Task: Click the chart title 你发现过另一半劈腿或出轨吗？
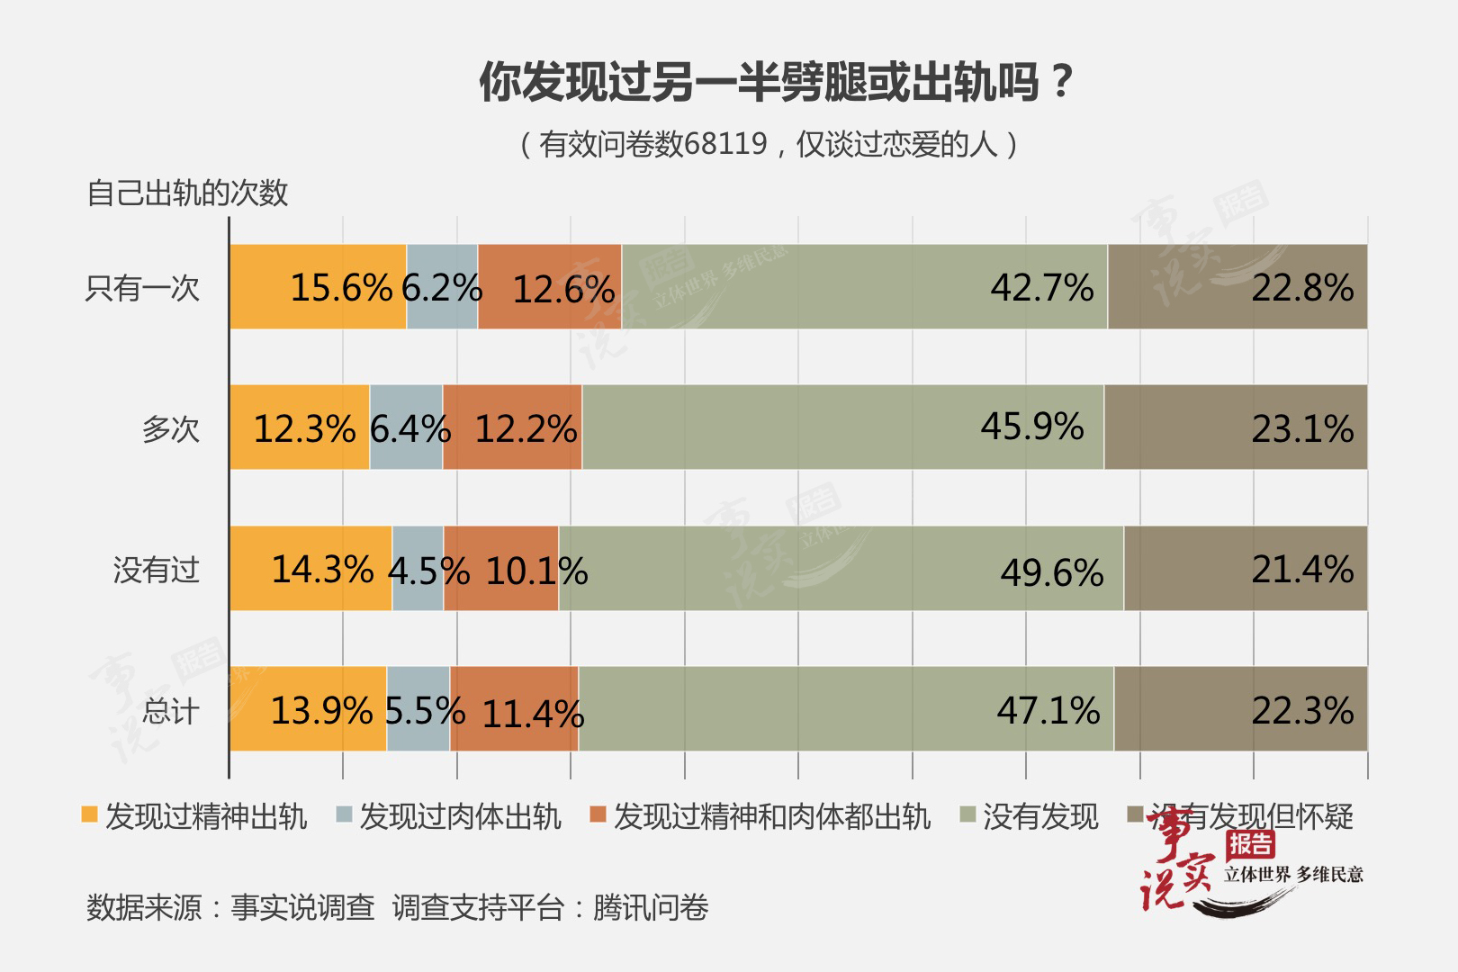(776, 83)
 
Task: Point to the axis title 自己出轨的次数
(187, 193)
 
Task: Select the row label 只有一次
(142, 288)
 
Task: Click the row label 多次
(170, 428)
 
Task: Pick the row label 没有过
(156, 570)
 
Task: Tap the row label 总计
(170, 711)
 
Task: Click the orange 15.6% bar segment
(318, 287)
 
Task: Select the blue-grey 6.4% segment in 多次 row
(406, 427)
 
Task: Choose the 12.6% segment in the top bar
(550, 287)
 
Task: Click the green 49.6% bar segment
(841, 569)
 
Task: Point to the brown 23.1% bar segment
(1235, 427)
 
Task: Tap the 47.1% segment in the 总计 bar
(846, 709)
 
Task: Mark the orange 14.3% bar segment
(310, 569)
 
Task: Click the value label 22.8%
(1301, 288)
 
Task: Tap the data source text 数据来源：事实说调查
(230, 907)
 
